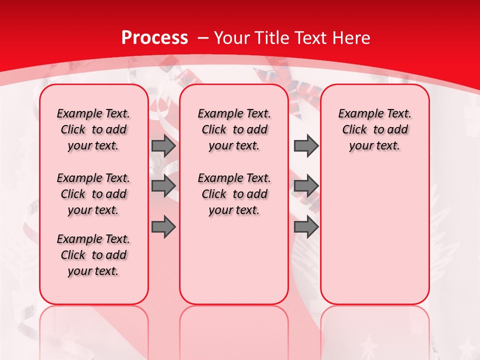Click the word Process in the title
(x=154, y=37)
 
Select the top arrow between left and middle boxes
(x=163, y=146)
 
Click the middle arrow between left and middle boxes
(x=163, y=186)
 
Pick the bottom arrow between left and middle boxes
(x=163, y=226)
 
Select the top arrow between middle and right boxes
(x=306, y=146)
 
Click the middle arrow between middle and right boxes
(x=306, y=186)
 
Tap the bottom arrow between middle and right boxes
(x=306, y=226)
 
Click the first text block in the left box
(x=93, y=129)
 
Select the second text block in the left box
(x=93, y=194)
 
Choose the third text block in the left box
(x=93, y=255)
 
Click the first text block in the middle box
(x=234, y=129)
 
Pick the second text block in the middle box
(x=234, y=194)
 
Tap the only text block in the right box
(x=374, y=129)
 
